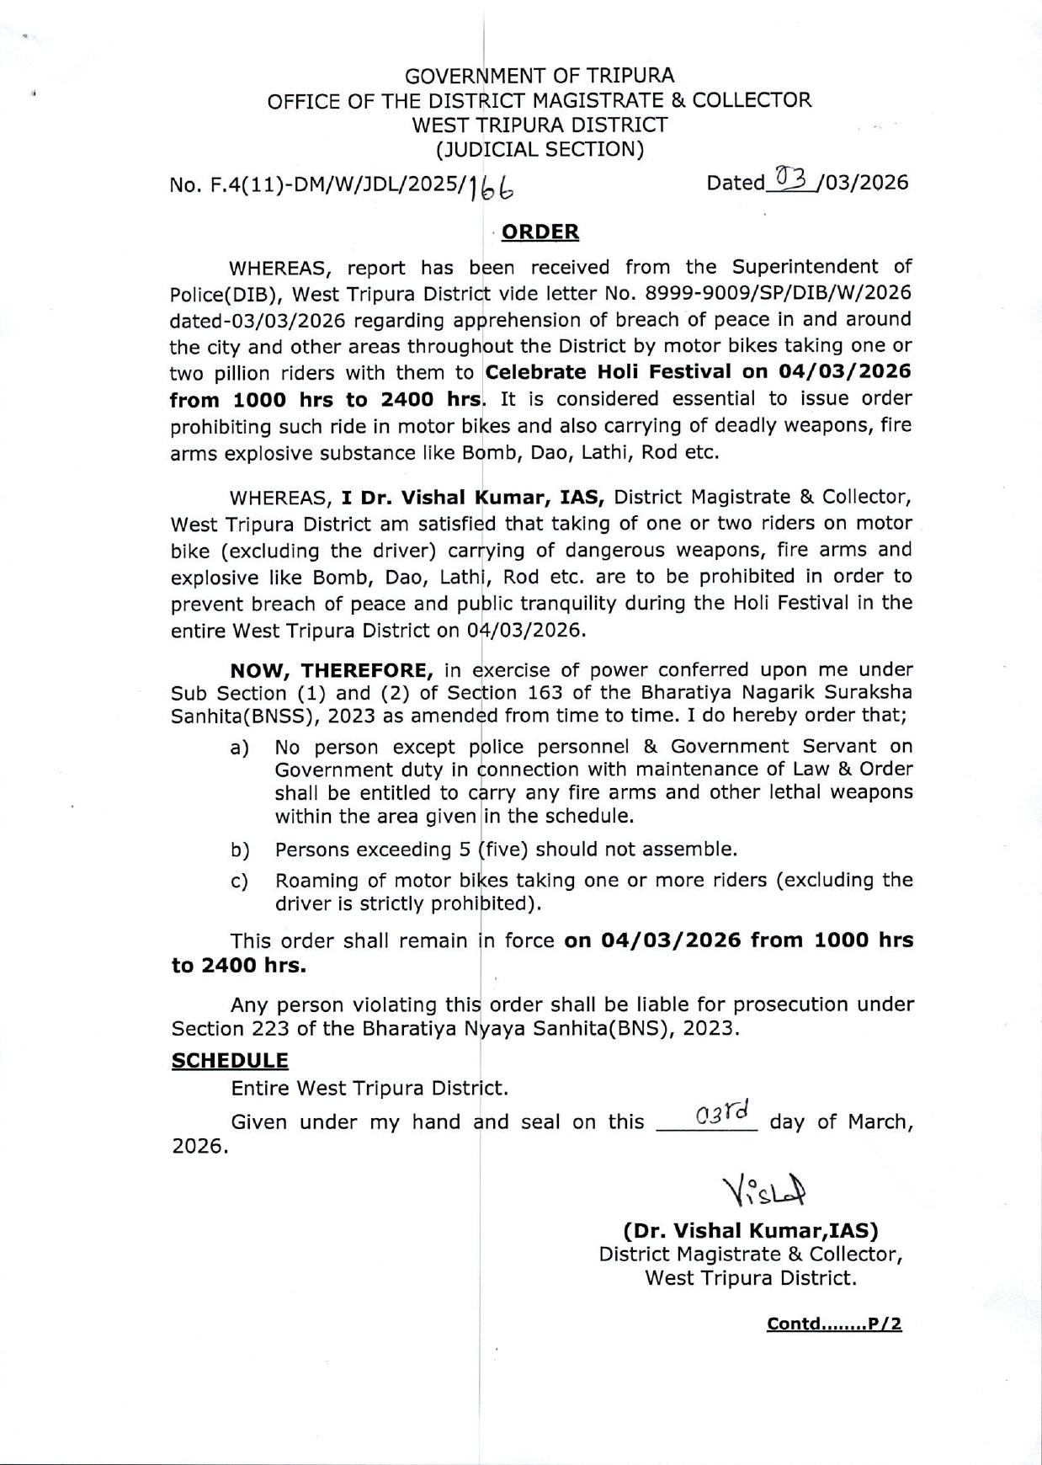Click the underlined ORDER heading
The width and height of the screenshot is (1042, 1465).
coord(540,232)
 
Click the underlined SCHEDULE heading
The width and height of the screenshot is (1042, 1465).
coord(230,1060)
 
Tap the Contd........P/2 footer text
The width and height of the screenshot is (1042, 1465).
coord(834,1324)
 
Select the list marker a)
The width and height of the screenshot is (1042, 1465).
coord(240,748)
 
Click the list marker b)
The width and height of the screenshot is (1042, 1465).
coord(240,850)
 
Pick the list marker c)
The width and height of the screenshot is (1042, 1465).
coord(240,882)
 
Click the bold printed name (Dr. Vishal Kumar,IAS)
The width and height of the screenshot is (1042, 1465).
coord(751,1230)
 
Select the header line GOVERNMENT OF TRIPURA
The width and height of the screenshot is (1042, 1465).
coord(540,76)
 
